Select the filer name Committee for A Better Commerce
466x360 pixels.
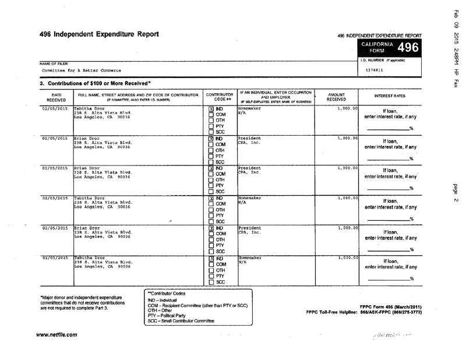pos(73,71)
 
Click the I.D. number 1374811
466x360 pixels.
pos(374,70)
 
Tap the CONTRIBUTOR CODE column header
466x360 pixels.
pos(220,97)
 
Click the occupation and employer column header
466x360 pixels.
pos(276,97)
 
